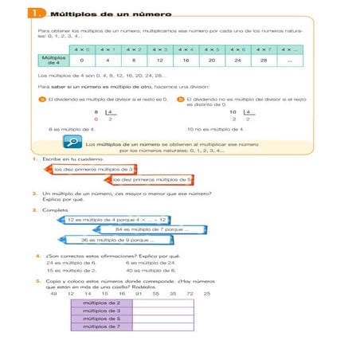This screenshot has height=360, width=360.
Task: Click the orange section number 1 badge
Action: (37, 14)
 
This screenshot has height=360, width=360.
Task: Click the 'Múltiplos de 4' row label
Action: (53, 60)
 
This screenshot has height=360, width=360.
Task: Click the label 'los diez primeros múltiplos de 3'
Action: (93, 170)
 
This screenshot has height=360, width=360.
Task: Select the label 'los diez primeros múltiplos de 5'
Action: (153, 180)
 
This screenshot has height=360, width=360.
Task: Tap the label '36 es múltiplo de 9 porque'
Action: (119, 240)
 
